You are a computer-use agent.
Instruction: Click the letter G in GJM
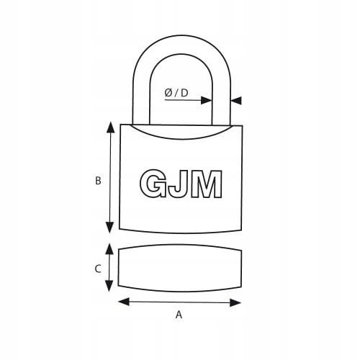pos(153,184)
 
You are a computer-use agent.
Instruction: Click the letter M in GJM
pos(206,184)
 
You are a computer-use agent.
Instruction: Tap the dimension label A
pos(179,315)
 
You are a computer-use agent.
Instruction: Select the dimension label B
pos(98,181)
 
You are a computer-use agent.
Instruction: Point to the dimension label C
pos(98,269)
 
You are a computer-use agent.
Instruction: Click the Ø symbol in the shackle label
pos(168,93)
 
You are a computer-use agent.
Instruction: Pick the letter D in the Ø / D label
pos(184,93)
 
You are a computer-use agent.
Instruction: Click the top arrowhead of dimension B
pos(110,127)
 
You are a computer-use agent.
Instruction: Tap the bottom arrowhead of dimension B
pos(110,228)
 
